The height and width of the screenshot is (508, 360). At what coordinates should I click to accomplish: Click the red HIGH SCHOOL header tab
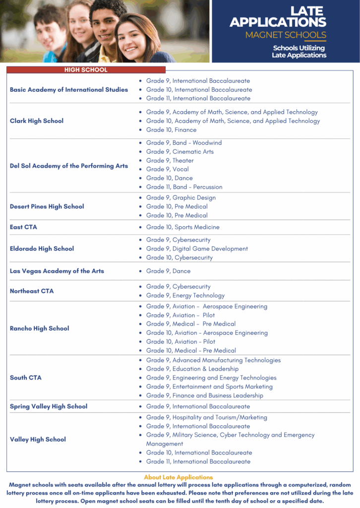point(86,70)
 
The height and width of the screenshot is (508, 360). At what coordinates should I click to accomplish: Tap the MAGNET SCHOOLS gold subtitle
point(286,35)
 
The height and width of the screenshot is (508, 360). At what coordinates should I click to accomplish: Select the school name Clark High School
point(37,121)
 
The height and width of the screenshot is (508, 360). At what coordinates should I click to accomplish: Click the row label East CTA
point(23,227)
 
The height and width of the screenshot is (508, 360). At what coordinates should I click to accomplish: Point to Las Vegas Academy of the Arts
point(57,271)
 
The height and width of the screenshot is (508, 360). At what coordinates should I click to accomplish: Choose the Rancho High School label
point(40,328)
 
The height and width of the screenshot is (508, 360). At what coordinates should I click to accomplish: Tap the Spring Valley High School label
point(49,406)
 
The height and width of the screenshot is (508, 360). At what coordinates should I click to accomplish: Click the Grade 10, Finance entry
point(171,130)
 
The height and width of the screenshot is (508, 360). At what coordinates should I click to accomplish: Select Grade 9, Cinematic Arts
point(180,152)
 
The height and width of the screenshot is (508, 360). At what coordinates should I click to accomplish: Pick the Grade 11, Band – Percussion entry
point(184,187)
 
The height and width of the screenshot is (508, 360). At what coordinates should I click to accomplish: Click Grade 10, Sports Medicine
point(182,227)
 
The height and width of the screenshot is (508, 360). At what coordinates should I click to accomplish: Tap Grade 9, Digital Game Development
point(197,249)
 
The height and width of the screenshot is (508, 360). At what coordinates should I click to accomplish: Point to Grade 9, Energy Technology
point(185,296)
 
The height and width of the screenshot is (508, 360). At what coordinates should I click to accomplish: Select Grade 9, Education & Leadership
point(192,369)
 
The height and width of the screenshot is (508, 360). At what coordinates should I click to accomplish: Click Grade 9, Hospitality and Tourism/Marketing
point(206,417)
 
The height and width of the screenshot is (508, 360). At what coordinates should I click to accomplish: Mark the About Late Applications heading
point(178,477)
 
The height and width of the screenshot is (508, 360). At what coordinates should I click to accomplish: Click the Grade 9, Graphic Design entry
point(180,198)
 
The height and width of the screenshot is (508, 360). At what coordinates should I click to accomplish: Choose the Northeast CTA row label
point(32,291)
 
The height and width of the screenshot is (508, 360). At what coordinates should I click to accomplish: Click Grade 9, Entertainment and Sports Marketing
point(209,387)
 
